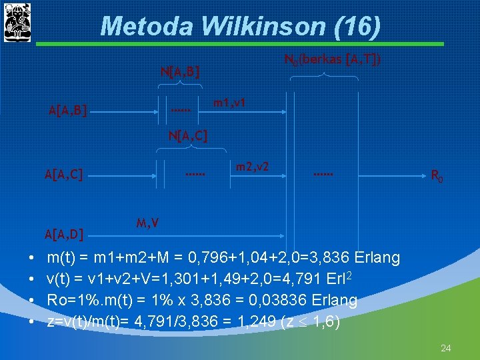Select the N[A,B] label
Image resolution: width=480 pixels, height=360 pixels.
(x=181, y=70)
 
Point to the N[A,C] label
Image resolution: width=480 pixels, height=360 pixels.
(x=188, y=136)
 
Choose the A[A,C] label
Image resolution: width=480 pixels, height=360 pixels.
(x=63, y=175)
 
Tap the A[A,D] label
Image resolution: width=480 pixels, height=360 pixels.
(x=63, y=233)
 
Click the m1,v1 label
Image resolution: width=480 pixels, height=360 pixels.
(x=229, y=103)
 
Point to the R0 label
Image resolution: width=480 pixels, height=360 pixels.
(x=437, y=177)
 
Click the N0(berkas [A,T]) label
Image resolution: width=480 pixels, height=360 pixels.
(x=333, y=60)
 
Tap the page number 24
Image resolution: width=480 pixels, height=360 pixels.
(x=445, y=348)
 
